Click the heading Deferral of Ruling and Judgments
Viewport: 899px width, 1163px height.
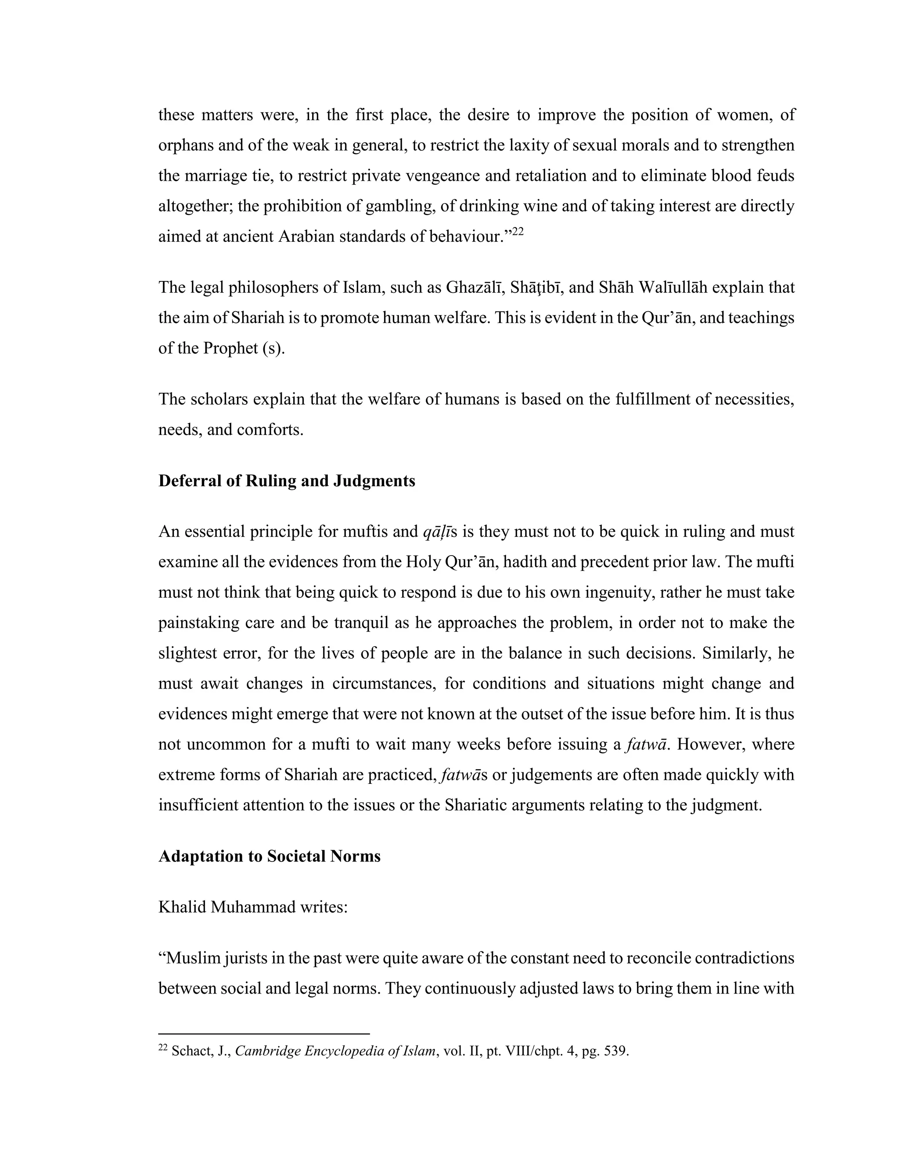point(287,481)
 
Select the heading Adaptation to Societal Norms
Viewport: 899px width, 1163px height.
point(270,856)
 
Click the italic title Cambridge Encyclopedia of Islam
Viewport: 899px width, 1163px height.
point(335,1051)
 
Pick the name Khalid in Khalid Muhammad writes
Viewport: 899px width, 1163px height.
point(182,907)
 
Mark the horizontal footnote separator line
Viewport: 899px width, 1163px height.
point(264,1033)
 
